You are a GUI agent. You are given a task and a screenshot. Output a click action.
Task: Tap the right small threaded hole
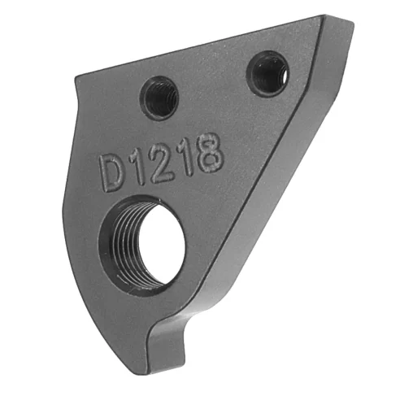267,74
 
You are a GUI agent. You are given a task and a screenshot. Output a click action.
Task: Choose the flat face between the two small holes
213,89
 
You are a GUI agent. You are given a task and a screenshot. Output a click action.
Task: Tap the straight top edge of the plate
203,46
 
